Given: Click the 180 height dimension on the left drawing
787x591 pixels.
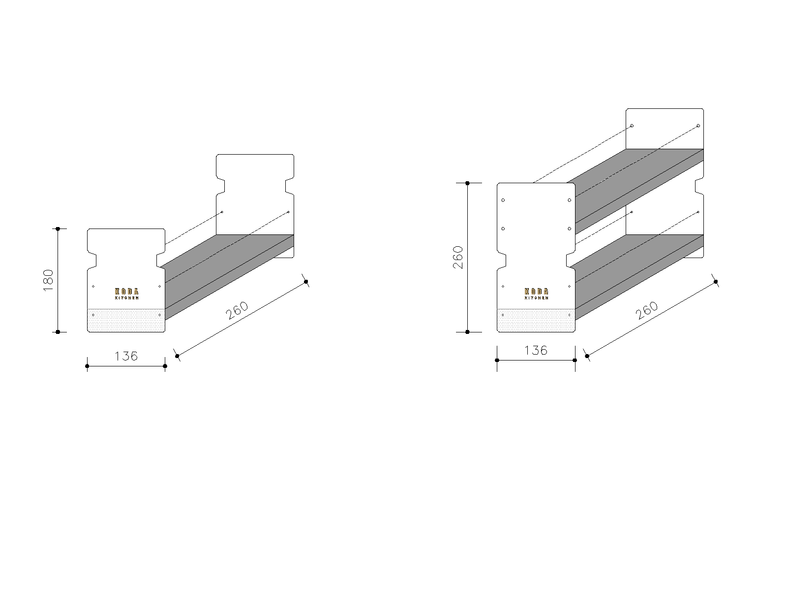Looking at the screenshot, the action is click(48, 280).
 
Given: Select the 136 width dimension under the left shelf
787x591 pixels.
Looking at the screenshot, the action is click(126, 356).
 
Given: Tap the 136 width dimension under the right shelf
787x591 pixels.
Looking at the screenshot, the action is click(536, 350).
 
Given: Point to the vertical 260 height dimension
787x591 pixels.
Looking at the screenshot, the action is click(458, 257).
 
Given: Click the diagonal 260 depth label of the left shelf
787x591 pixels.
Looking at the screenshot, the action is click(237, 310).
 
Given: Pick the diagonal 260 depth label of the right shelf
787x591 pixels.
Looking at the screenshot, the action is click(646, 310).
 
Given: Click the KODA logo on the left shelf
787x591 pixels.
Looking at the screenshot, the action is click(126, 294).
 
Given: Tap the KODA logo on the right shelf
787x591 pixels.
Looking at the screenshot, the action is click(536, 294).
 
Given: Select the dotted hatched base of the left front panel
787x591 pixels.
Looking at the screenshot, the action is click(126, 320).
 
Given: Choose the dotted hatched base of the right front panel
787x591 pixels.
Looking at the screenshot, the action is click(536, 320).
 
